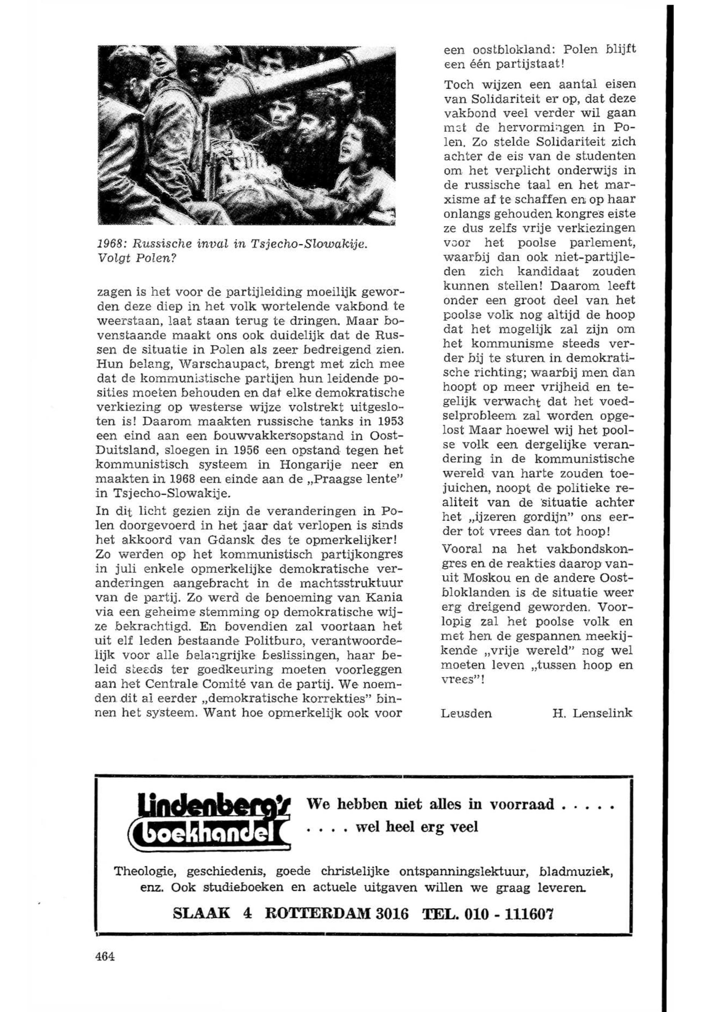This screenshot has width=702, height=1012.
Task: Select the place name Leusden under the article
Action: (x=466, y=713)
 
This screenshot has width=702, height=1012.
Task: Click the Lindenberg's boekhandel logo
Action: (x=214, y=825)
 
